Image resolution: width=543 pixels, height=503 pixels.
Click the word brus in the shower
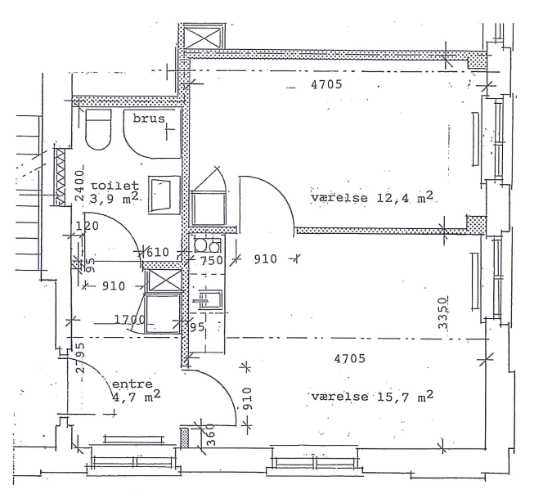tap(149, 119)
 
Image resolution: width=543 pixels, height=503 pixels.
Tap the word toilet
tap(114, 186)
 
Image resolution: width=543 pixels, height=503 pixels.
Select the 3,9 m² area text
tap(114, 199)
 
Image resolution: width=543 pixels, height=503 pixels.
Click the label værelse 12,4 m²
tap(372, 197)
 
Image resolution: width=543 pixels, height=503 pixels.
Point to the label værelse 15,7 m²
tap(372, 396)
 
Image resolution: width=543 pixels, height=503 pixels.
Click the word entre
tap(132, 384)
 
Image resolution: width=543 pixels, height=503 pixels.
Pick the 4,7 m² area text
tap(137, 397)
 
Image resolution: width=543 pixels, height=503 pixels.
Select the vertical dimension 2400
tap(79, 186)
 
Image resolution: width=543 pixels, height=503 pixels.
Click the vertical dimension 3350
tap(443, 312)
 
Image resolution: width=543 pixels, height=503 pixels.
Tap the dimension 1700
tap(129, 319)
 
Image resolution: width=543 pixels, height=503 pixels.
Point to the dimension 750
tap(212, 260)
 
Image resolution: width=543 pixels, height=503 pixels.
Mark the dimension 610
tap(158, 252)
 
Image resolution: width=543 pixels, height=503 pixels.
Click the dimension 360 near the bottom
tap(210, 435)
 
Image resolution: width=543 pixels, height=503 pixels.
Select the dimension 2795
tap(80, 357)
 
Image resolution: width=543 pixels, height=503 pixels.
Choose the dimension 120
tap(87, 226)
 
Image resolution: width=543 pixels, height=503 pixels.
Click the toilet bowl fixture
tap(98, 129)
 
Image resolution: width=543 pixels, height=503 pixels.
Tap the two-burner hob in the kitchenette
tap(207, 245)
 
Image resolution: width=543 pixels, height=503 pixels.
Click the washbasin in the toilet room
tap(164, 195)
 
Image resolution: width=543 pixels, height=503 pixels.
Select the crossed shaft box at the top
tap(203, 37)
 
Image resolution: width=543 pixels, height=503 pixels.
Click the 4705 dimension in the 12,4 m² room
tap(326, 84)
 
